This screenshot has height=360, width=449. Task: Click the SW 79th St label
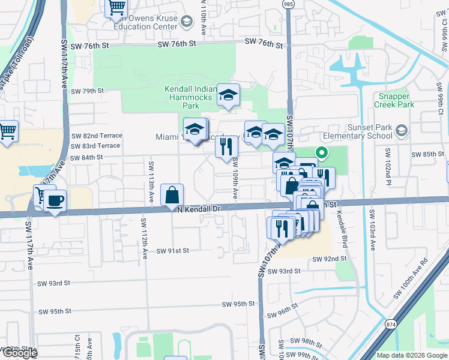point(87,91)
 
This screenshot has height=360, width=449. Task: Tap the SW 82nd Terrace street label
point(95,136)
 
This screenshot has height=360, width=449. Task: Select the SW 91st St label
point(172,251)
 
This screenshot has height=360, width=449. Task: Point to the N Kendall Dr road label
point(200,209)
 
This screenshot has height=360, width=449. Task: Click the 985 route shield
point(289,4)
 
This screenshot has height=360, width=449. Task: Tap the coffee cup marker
point(55,201)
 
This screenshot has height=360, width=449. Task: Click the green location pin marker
point(322,154)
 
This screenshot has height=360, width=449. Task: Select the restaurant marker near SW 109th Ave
point(226,147)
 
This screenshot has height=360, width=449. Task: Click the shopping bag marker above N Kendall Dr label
point(172,194)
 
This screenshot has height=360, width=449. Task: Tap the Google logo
point(19,353)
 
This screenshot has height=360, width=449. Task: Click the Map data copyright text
point(412,355)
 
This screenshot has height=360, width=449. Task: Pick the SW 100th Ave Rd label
point(411,280)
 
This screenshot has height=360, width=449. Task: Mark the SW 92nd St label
point(330,259)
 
